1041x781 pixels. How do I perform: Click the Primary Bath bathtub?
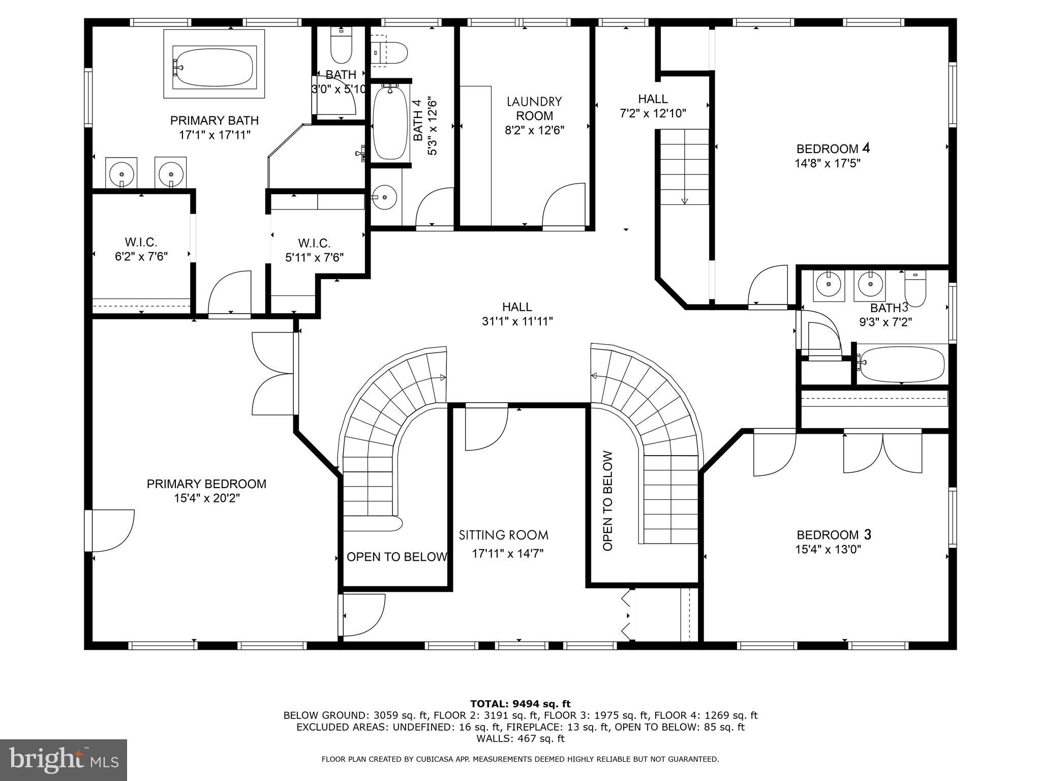pyautogui.click(x=213, y=64)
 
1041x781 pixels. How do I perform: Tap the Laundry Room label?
pyautogui.click(x=534, y=108)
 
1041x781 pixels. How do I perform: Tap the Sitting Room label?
pyautogui.click(x=503, y=535)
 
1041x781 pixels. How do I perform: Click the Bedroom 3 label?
pyautogui.click(x=834, y=535)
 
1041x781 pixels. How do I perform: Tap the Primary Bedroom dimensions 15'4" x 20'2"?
pyautogui.click(x=206, y=498)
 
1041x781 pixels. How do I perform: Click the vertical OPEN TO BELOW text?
pyautogui.click(x=608, y=501)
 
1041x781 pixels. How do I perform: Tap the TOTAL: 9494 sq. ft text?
pyautogui.click(x=520, y=704)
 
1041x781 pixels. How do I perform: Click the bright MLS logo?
pyautogui.click(x=64, y=760)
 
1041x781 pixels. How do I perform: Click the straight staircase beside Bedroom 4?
pyautogui.click(x=684, y=166)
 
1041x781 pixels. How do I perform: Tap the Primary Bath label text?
pyautogui.click(x=214, y=121)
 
